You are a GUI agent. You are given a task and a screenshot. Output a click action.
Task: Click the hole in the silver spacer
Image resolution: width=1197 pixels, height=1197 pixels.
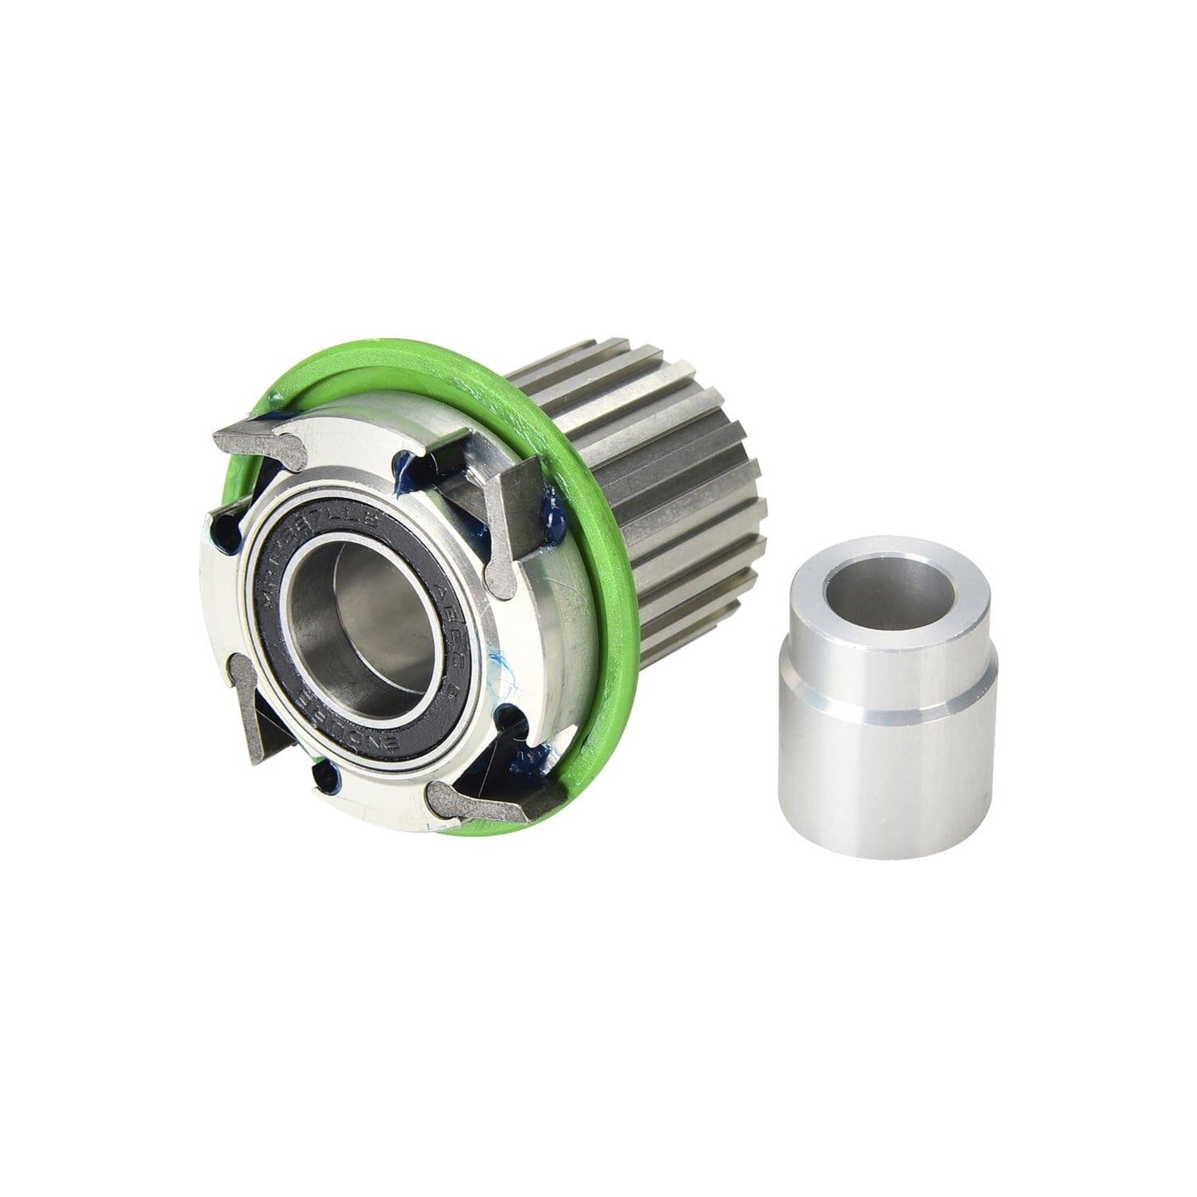point(891,592)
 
